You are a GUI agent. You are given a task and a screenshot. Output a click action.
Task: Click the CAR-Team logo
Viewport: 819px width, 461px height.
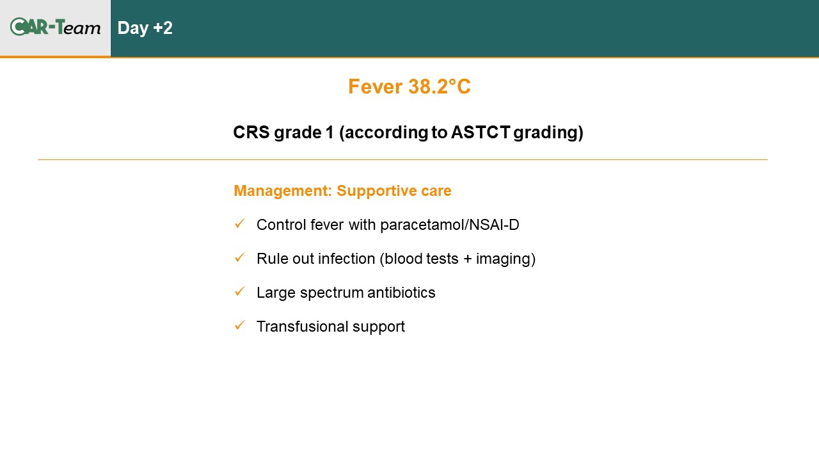55,27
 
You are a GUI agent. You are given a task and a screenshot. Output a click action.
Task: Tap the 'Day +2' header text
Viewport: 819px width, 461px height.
145,28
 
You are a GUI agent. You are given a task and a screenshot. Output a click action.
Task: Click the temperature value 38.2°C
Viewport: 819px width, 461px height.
440,86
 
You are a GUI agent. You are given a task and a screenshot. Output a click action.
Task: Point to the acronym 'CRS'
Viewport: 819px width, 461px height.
251,132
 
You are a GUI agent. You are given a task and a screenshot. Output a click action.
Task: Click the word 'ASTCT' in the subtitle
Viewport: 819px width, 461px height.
481,132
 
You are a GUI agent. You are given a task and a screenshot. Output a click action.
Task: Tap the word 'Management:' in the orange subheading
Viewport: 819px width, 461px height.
283,191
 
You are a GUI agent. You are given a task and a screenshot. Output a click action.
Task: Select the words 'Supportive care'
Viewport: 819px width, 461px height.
394,191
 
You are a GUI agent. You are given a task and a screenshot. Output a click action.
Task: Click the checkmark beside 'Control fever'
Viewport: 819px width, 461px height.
240,223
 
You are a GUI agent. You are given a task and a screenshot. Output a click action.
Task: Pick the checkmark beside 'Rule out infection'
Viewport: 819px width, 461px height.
240,257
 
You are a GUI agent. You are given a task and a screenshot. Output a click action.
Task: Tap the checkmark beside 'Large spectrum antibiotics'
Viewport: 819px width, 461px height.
240,291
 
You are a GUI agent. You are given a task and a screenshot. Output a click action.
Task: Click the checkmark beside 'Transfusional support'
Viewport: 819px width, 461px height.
240,326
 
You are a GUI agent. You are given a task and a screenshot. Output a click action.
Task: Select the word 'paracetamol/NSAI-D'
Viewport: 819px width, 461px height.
450,225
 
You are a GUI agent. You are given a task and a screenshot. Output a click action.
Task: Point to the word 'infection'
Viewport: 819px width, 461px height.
347,259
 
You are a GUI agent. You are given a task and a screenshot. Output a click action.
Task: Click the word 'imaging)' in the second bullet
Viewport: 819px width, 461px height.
505,259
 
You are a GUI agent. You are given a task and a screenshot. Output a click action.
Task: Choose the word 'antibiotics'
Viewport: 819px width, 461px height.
401,293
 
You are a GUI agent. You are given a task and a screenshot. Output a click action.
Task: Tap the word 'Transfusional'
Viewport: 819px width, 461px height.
302,327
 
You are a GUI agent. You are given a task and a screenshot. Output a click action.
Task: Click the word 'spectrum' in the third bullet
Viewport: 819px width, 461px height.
331,293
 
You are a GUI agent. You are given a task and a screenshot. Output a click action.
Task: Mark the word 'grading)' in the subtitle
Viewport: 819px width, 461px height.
548,133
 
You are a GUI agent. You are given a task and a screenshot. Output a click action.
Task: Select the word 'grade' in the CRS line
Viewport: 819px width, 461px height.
298,133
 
